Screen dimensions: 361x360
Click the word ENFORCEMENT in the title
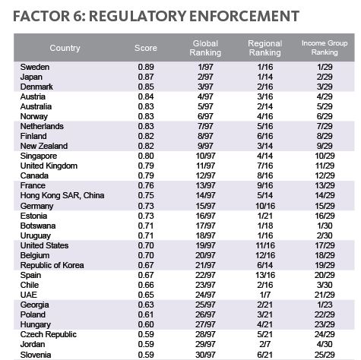pos(244,16)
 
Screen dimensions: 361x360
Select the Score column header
pos(146,48)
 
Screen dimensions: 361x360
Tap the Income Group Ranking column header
pos(325,48)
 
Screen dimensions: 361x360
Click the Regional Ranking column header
pos(265,48)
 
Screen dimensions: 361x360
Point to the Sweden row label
pos(35,67)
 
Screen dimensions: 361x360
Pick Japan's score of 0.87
pos(146,77)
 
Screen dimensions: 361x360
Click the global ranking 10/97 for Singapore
pos(205,156)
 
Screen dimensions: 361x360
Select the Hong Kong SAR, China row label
pos(62,195)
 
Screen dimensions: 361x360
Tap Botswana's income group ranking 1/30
pos(325,226)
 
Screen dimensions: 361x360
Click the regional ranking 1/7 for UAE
pos(265,295)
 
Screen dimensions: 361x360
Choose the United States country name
pos(44,245)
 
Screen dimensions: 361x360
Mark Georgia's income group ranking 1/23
pos(325,305)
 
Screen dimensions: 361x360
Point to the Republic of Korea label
pos(52,265)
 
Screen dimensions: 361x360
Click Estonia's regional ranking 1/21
pos(265,216)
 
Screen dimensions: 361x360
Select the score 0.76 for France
pos(146,185)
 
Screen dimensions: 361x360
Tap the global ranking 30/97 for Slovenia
pos(205,355)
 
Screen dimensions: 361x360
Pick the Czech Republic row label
pos(49,334)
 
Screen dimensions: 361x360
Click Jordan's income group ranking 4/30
pos(325,344)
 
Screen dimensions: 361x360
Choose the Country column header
pos(65,48)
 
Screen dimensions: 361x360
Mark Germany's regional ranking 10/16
pos(265,206)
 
